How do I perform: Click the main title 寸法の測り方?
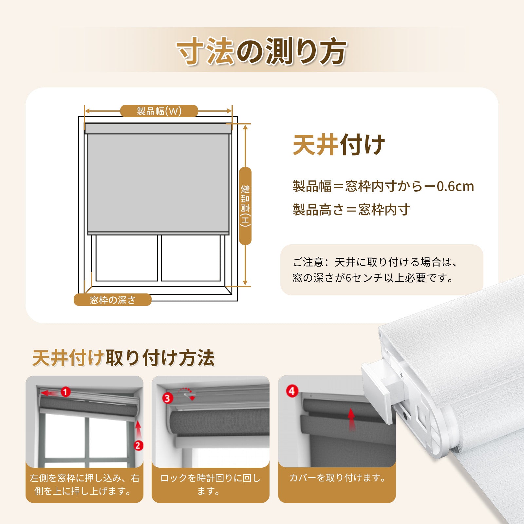261,51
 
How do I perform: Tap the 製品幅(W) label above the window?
159,111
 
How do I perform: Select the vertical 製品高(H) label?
245,206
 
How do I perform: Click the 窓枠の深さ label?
113,300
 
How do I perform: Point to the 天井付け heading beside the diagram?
339,145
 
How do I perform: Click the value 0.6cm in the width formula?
456,186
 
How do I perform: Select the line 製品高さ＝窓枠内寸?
351,210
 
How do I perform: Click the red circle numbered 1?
66,392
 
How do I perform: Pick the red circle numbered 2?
138,445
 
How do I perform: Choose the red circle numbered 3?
168,398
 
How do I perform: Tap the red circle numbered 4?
292,391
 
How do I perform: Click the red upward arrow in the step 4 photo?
351,419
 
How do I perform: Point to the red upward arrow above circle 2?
138,429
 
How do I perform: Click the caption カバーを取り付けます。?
338,478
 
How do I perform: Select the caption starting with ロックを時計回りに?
210,485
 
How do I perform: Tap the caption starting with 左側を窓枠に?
84,485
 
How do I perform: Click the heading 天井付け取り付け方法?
123,358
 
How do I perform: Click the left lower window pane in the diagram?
126,258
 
